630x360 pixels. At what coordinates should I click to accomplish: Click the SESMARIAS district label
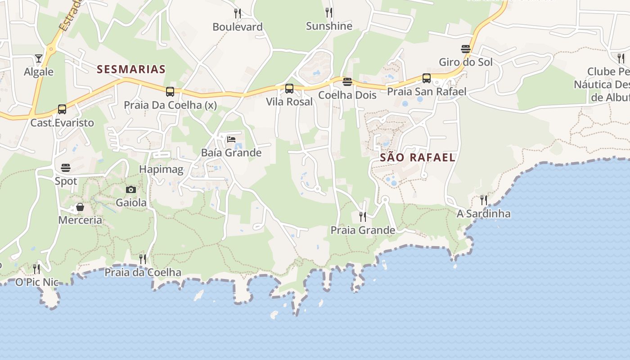131,69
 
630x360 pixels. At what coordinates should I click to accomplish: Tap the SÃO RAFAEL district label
418,157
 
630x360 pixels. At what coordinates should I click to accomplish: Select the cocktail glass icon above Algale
39,58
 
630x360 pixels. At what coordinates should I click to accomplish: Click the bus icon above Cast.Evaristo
62,109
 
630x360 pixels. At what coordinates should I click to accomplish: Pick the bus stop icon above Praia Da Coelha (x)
170,92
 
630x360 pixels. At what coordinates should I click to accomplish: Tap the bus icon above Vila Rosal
289,89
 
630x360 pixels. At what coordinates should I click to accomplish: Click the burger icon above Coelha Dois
347,82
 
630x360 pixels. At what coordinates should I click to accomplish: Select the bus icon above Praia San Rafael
427,78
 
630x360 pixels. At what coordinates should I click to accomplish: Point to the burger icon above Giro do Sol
466,49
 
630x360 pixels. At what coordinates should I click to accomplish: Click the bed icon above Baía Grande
231,139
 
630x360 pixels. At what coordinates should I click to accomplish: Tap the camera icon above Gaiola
131,189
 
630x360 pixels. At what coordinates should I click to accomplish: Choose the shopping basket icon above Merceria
80,207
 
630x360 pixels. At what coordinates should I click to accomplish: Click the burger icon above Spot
66,168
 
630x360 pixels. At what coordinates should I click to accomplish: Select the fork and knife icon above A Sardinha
484,200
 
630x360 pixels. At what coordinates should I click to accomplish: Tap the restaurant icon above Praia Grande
363,217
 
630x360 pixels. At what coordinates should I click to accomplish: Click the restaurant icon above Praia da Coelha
143,259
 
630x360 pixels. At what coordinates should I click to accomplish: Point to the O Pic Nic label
37,282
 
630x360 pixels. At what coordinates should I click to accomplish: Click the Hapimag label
161,170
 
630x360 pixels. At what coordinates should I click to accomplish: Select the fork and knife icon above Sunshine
329,13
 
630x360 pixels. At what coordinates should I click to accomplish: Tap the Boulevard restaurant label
238,27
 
